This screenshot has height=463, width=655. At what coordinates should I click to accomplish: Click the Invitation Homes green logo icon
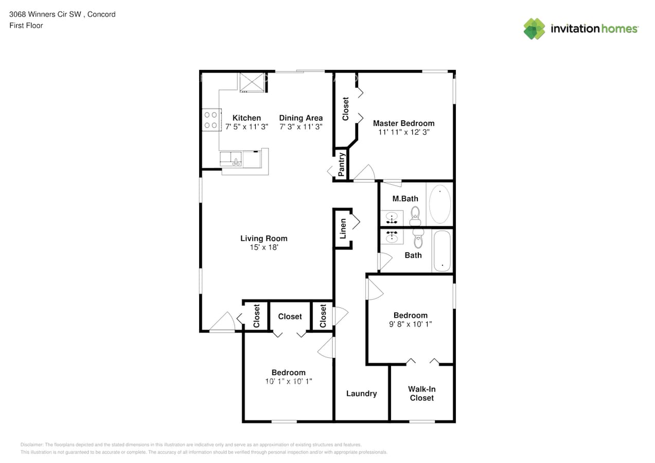point(534,29)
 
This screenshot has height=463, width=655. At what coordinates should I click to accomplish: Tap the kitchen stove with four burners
point(211,120)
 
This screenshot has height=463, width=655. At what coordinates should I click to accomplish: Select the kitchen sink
point(231,159)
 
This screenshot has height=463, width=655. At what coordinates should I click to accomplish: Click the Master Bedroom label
point(403,123)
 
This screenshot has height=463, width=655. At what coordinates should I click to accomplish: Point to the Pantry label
point(341,165)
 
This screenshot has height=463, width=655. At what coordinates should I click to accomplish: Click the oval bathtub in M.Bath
point(439,204)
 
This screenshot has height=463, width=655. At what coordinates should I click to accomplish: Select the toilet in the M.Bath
point(415,216)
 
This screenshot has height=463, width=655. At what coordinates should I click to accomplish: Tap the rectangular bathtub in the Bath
point(442,251)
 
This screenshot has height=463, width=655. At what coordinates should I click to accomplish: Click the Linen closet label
point(343,228)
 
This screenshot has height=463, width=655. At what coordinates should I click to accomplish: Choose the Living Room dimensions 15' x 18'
point(264,247)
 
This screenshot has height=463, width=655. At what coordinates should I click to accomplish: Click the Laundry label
point(361,394)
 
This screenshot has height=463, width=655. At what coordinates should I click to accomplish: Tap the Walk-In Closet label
point(421,394)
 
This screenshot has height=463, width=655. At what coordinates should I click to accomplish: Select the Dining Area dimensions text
point(301,127)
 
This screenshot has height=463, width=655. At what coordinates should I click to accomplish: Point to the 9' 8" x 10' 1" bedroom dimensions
point(410,324)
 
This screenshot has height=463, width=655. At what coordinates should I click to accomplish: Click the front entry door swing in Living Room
point(223,322)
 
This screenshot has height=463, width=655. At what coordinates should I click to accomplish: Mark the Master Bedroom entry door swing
point(364,173)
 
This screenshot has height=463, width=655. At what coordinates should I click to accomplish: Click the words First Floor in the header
point(26,25)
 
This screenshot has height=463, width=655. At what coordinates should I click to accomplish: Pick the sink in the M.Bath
point(392,218)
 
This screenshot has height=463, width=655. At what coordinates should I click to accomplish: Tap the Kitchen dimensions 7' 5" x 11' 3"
point(246,127)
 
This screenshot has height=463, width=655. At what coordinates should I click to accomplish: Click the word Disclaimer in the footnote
point(31,444)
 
